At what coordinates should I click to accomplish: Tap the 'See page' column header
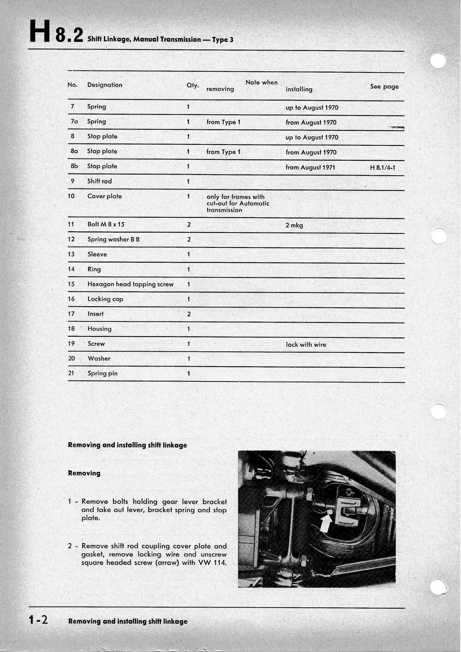pyautogui.click(x=384, y=87)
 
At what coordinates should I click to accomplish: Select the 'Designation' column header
pyautogui.click(x=105, y=85)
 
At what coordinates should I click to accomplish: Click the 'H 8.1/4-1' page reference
pyautogui.click(x=383, y=168)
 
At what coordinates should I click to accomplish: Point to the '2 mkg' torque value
pyautogui.click(x=294, y=225)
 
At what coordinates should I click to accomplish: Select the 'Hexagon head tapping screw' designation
pyautogui.click(x=130, y=284)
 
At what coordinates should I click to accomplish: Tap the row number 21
pyautogui.click(x=71, y=373)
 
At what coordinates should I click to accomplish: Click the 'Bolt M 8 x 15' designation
pyautogui.click(x=106, y=224)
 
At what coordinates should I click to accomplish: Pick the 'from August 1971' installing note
pyautogui.click(x=310, y=168)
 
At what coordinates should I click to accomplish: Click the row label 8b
pyautogui.click(x=74, y=166)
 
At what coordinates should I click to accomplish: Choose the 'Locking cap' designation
pyautogui.click(x=105, y=299)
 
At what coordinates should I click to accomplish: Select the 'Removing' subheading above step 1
pyautogui.click(x=84, y=473)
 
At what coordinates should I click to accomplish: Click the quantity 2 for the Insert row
pyautogui.click(x=188, y=314)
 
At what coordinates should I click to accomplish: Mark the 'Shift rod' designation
pyautogui.click(x=99, y=181)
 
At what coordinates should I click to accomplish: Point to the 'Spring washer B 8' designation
pyautogui.click(x=113, y=239)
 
